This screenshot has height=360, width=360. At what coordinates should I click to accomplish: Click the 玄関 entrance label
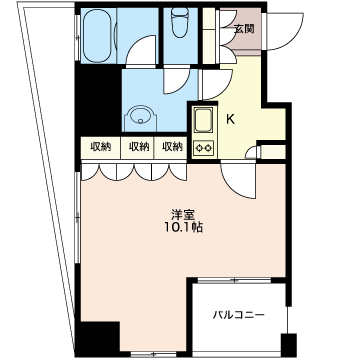245,29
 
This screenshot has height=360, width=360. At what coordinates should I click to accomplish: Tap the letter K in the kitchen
230,119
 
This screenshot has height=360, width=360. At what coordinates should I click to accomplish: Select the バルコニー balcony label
239,315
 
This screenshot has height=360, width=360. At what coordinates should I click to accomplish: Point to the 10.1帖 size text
183,227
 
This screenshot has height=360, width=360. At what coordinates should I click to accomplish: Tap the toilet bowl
180,22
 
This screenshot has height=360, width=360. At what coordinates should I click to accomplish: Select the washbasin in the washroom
140,118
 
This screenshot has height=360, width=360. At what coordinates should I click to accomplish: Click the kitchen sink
203,121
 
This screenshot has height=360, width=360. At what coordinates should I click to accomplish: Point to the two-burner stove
203,147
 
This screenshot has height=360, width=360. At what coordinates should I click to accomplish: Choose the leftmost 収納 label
101,146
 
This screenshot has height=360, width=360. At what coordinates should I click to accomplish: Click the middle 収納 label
139,146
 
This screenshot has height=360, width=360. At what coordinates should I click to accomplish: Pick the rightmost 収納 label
173,146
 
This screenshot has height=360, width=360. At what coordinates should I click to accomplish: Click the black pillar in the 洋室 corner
100,337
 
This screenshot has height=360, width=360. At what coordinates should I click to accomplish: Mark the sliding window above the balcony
235,281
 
